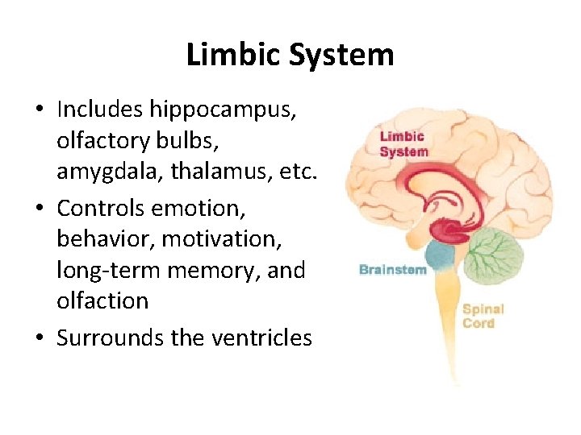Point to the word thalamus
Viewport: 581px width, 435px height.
[x=220, y=172]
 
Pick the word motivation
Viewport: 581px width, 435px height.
[x=236, y=239]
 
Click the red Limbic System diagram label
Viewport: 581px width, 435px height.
[x=403, y=144]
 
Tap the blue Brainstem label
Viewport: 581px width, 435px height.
[x=392, y=270]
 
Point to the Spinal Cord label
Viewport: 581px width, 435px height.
[x=483, y=316]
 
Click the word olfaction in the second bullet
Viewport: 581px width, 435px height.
[x=102, y=301]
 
